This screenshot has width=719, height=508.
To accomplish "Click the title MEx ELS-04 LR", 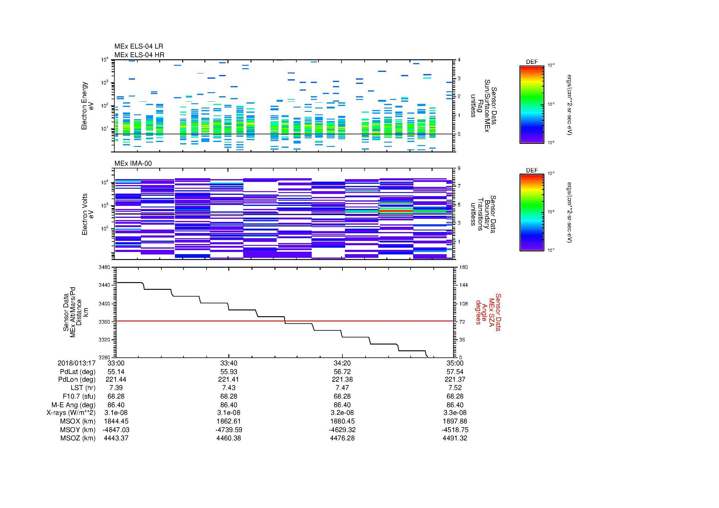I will (138, 46).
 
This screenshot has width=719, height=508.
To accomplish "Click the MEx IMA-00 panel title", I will (133, 163).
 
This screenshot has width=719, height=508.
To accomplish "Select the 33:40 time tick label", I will (229, 363).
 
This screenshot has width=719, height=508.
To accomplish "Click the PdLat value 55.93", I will (229, 372).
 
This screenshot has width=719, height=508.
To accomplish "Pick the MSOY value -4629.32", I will (342, 430).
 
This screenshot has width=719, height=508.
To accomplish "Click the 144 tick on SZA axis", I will (463, 285).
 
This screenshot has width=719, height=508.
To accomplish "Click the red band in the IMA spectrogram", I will (396, 211).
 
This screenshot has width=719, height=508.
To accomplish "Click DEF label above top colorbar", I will (531, 62).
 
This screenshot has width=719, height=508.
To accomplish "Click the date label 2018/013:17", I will (77, 363).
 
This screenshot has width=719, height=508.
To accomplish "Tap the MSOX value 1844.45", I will (116, 421).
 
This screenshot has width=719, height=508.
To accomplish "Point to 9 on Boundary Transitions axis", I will (459, 168).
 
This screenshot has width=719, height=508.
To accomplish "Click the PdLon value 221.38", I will (342, 379).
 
